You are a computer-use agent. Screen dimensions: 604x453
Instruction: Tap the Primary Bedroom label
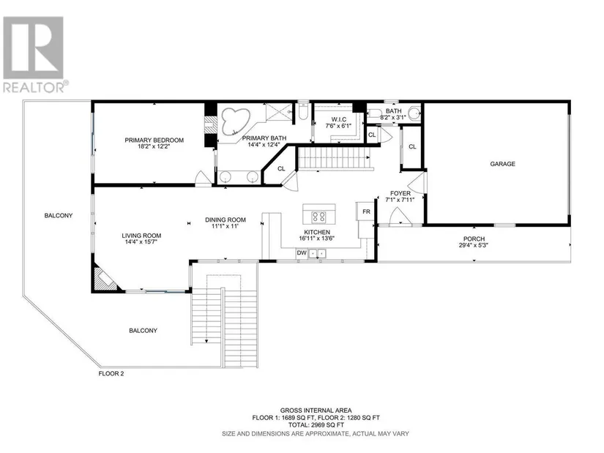tap(154, 141)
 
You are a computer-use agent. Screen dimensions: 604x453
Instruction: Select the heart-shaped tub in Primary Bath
tap(234, 121)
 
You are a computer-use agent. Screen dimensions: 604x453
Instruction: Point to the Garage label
tap(502, 164)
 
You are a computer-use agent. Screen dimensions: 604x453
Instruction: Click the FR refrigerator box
tap(365, 211)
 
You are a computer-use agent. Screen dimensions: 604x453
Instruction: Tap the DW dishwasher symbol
tap(301, 253)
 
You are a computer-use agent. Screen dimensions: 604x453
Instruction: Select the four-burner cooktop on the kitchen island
tap(318, 217)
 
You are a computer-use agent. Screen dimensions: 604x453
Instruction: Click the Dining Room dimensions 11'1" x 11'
tap(225, 226)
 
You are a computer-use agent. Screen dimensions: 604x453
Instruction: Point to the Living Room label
tap(141, 236)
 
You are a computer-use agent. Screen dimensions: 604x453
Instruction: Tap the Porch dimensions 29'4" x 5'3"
tap(474, 245)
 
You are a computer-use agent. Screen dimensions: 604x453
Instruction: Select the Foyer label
tap(400, 193)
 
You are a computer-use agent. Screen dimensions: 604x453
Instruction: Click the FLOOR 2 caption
tap(111, 373)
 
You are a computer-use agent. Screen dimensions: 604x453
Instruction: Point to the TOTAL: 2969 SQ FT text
tap(316, 425)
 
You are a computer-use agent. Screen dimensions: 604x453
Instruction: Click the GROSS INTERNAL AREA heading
tap(316, 411)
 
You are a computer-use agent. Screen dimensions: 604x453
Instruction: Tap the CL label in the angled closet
tap(281, 168)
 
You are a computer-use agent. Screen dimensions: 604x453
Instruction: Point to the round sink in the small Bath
tap(414, 114)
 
